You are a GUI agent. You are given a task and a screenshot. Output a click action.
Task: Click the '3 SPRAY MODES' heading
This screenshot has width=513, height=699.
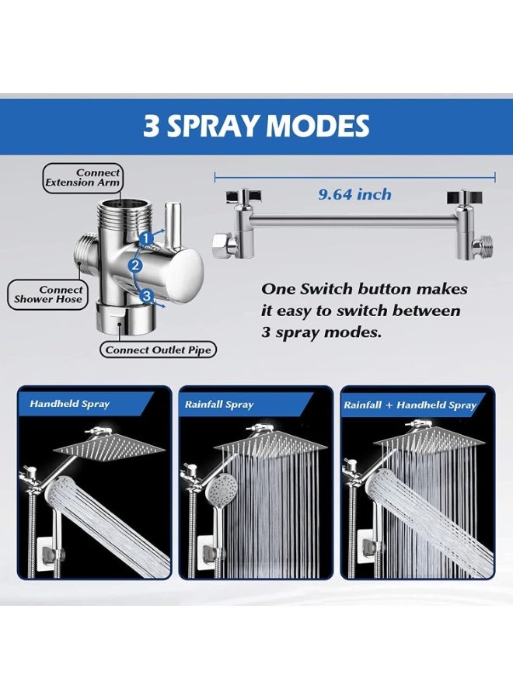256,126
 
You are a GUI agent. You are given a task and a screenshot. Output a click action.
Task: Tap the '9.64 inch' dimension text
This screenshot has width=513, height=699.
354,194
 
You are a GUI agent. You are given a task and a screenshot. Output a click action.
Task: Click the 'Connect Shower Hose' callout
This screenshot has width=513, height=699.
48,294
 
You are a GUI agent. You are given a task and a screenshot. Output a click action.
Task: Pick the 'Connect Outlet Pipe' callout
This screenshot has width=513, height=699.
159,350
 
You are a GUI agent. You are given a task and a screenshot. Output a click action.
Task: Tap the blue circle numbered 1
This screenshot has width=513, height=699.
145,238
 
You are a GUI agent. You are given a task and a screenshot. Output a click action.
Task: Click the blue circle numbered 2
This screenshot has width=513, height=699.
135,266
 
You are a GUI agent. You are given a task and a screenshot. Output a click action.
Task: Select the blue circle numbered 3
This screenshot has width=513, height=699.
146,295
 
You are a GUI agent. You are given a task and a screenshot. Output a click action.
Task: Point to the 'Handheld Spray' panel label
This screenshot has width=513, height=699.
70,404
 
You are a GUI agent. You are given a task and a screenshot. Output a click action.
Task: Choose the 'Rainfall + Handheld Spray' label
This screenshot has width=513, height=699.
410,405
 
